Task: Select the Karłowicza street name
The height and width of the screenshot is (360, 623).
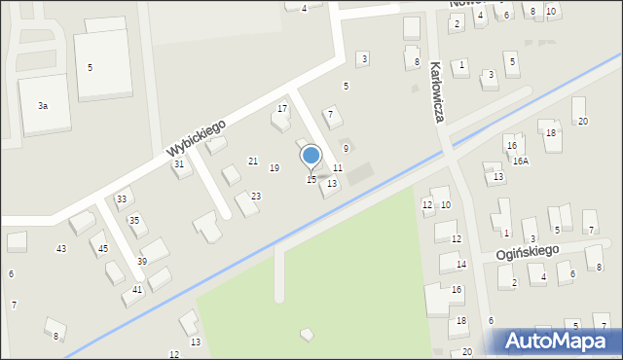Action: point(437,92)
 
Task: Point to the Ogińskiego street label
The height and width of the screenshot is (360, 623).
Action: point(527,251)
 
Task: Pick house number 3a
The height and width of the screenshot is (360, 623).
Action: point(43,105)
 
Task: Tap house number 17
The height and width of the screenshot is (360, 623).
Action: point(282,108)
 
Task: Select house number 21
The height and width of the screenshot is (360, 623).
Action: point(253,161)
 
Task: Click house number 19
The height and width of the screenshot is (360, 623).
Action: point(275,168)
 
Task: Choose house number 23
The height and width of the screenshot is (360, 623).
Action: point(256,197)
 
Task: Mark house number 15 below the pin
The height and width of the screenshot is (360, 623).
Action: point(311,179)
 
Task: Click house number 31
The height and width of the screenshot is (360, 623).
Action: point(179,164)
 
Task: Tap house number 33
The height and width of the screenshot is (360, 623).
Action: point(122,199)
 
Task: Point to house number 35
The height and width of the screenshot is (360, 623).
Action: point(134,221)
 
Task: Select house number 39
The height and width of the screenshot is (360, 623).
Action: point(142,261)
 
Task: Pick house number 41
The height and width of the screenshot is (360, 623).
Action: point(137,290)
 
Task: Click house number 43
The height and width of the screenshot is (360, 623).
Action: point(61,249)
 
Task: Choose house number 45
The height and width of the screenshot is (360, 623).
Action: point(102,249)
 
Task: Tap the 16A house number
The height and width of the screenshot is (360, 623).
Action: point(521,162)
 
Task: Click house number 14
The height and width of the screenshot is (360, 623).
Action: point(461,265)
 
